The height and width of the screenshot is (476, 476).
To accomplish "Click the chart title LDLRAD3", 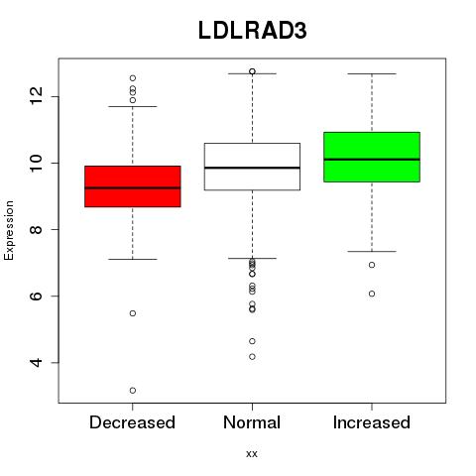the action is [252, 31].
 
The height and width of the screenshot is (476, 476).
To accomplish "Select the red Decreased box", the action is [133, 186].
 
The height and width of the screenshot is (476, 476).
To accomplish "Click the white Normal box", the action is [252, 167].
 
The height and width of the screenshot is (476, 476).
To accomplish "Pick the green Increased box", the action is [372, 157].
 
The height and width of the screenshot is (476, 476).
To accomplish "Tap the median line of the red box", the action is [133, 187].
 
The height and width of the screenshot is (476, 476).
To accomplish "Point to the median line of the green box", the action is [372, 160].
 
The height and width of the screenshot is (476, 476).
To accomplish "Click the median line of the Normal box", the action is [252, 168].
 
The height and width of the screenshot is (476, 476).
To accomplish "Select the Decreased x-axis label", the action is [132, 422].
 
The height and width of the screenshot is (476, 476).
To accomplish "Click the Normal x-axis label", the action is [252, 422].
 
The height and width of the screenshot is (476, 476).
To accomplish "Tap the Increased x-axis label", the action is [372, 422].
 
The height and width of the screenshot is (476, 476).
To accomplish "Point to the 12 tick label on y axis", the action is [37, 96].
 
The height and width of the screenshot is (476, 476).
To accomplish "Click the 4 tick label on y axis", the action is [37, 363].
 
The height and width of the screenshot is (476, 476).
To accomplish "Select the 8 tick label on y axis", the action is [37, 229].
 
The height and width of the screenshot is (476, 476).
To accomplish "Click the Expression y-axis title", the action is [9, 230].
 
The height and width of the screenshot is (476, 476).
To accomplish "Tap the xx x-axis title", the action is [252, 454].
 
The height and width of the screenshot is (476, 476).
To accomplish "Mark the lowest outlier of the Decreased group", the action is [133, 391].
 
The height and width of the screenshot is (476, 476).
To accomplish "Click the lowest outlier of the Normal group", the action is [252, 357].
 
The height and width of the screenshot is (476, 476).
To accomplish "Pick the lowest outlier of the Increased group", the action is [372, 294].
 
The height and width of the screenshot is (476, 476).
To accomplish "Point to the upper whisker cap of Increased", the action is [372, 73].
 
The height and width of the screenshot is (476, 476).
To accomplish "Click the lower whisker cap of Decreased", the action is [133, 259].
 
